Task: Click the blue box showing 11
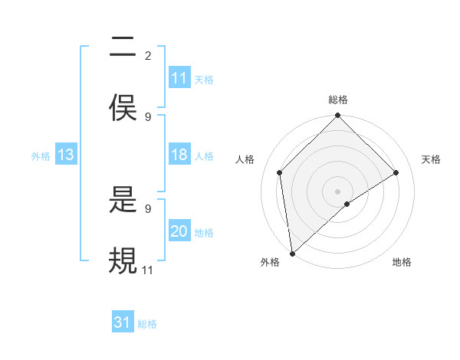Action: click(179, 78)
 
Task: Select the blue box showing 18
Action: click(179, 155)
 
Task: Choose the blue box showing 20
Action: click(179, 231)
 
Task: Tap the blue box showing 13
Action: click(66, 155)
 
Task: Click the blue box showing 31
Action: click(123, 323)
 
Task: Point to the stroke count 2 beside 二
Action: click(148, 56)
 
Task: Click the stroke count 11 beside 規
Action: click(148, 270)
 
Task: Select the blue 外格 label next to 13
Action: click(41, 155)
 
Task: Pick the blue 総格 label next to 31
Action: click(147, 324)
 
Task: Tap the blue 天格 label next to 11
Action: click(204, 79)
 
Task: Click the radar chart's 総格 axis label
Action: click(338, 100)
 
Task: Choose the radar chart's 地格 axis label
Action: click(402, 262)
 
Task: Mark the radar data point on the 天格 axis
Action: click(396, 172)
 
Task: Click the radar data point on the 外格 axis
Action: click(291, 254)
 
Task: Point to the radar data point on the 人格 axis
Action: click(280, 172)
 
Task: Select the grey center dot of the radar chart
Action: click(338, 191)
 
